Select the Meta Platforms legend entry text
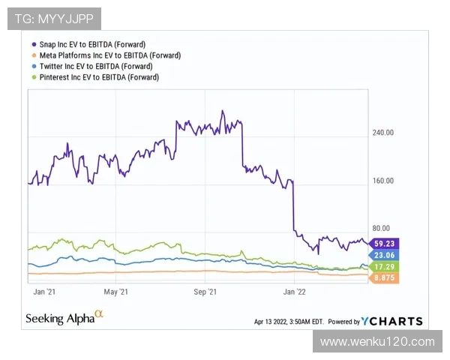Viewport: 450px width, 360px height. [109, 55]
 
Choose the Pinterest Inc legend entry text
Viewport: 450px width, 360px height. [99, 77]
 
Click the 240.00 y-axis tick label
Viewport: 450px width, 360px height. [383, 133]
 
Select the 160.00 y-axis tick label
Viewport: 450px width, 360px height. [383, 181]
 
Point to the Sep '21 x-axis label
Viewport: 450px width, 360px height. [205, 291]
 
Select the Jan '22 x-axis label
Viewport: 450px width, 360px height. [293, 291]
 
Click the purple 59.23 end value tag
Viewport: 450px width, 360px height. [385, 243]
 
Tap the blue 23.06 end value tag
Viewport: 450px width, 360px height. [385, 255]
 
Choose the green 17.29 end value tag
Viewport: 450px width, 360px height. [385, 266]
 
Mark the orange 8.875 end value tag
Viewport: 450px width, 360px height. [385, 277]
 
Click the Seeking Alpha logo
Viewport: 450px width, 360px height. [64, 318]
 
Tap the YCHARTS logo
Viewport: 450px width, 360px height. [391, 321]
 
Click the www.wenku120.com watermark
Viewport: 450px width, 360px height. [377, 342]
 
